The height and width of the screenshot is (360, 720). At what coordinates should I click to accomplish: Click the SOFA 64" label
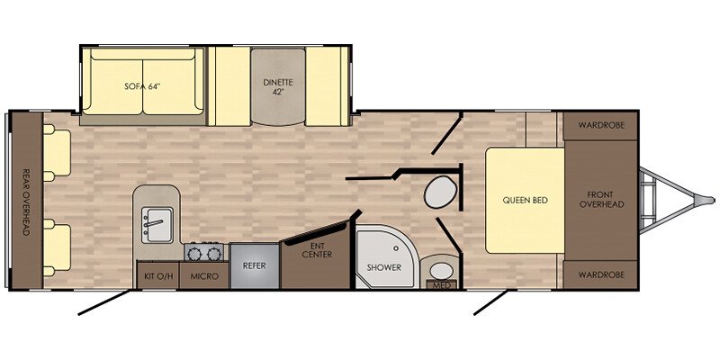point(144,86)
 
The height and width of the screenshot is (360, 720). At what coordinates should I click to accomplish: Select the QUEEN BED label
point(526,200)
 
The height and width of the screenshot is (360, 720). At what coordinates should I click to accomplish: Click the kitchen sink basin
point(157,224)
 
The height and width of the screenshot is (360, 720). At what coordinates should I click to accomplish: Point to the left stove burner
point(194,254)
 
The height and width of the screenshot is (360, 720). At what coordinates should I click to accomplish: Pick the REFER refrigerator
point(255,265)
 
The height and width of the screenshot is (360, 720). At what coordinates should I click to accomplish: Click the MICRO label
point(203,276)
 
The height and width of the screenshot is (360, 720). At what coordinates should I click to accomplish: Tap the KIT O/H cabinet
point(158,275)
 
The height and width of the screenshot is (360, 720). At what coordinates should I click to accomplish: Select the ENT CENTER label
point(318,250)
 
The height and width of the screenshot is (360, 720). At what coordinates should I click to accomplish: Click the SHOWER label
point(384,267)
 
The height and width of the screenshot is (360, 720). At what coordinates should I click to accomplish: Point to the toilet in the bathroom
point(440,193)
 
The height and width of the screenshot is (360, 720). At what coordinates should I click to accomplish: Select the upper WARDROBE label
point(601,125)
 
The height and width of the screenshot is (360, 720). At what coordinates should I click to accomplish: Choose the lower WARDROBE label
point(601,275)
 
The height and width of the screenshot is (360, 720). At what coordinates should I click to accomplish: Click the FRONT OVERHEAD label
point(601,200)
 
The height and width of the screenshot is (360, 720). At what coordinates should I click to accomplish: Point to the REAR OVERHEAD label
point(26,202)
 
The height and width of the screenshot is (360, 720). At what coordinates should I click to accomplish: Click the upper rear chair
point(57,152)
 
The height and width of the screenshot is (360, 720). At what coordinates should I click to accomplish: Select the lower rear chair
point(57,247)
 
